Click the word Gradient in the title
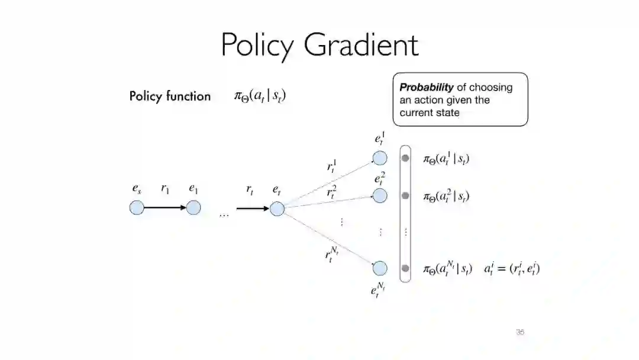point(362,45)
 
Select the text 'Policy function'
point(170,96)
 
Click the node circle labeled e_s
point(137,208)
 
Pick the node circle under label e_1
point(193,208)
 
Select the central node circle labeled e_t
point(277,208)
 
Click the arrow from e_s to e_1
point(165,208)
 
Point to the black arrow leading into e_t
point(252,208)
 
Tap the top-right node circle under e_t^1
point(380,158)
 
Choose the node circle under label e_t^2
point(380,195)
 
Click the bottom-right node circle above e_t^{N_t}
point(380,268)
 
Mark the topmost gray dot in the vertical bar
point(405,158)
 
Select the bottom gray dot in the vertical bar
point(405,268)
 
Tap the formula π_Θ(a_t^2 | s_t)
point(446,196)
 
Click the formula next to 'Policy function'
point(260,96)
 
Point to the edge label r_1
point(165,189)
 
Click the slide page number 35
point(519,332)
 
